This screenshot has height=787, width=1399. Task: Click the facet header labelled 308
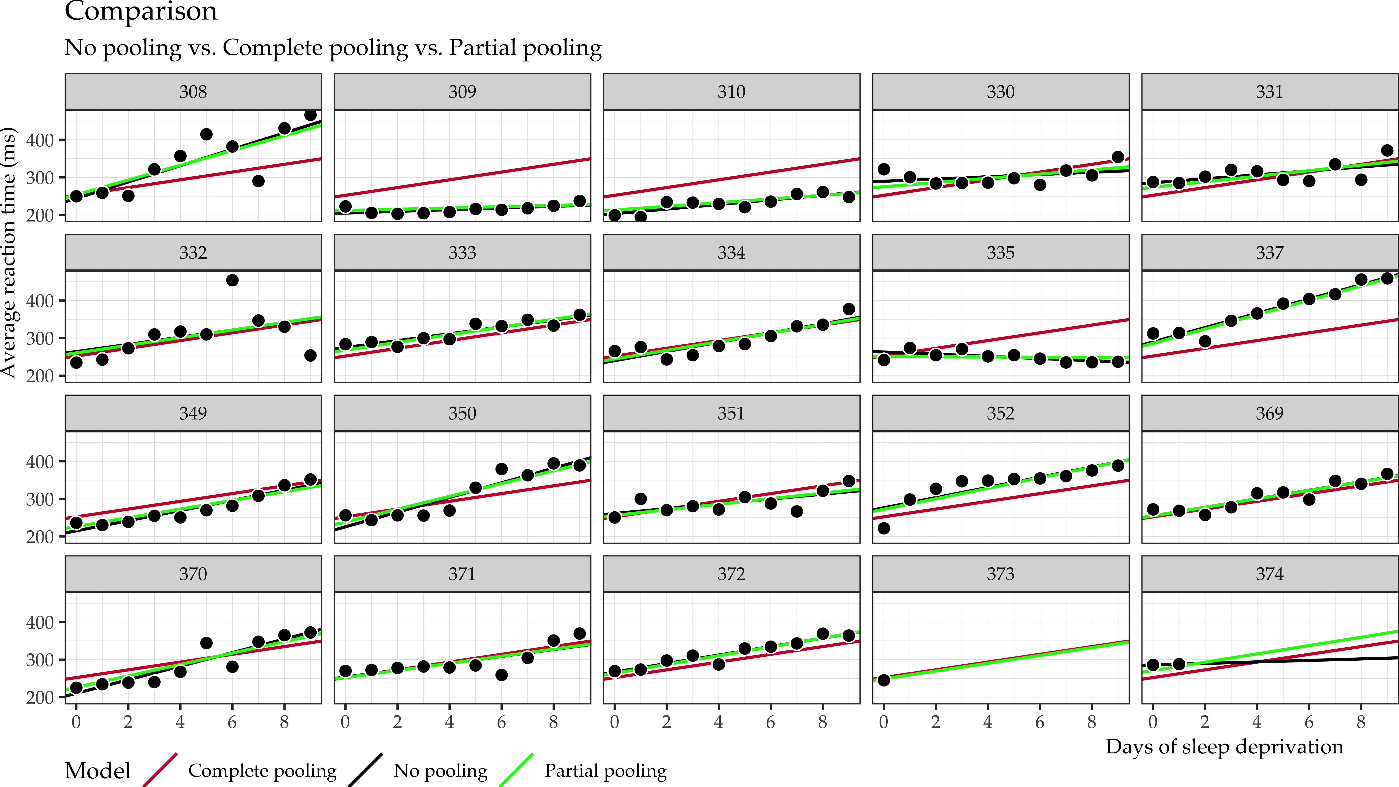tap(193, 92)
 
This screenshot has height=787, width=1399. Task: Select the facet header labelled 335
tap(1000, 253)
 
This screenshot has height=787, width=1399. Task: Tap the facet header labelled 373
tap(1000, 574)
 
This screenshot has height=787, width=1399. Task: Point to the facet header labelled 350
tap(462, 413)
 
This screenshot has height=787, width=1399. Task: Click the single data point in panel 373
tap(884, 680)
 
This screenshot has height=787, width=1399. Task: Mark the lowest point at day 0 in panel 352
tap(884, 528)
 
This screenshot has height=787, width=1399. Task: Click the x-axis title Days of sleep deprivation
tap(1224, 747)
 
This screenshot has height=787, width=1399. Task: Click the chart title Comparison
tap(141, 11)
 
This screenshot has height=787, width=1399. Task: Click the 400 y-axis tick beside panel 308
tap(40, 140)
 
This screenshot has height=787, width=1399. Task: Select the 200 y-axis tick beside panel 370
tap(40, 697)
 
